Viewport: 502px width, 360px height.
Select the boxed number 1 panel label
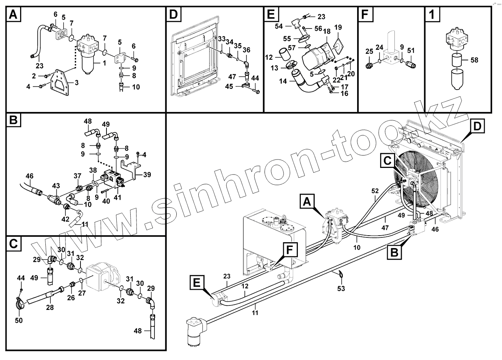pos(432,15)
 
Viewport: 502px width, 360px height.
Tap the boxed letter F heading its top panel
pos(364,15)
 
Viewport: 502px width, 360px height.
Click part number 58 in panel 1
pos(474,60)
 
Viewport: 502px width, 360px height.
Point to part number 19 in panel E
pos(338,27)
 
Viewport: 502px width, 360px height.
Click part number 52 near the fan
pos(375,191)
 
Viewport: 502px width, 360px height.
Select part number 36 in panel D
pos(246,50)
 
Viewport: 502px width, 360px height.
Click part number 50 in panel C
pos(18,320)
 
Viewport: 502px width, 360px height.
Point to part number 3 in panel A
pos(76,83)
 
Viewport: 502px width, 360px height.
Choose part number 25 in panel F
pos(369,51)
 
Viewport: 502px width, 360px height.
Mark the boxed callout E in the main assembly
pos(196,282)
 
